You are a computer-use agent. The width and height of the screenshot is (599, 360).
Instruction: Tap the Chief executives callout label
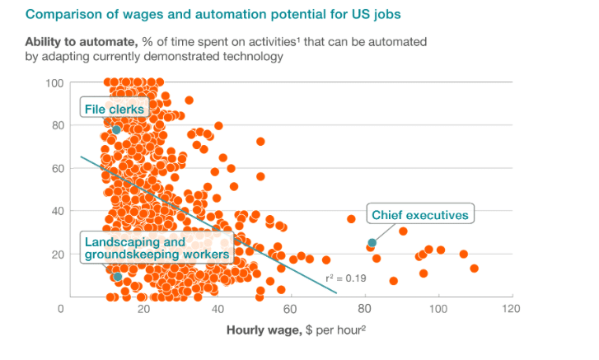[x=420, y=215]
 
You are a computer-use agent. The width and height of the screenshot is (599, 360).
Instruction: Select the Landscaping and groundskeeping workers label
[x=155, y=249]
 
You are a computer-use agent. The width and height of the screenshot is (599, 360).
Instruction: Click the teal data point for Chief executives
[x=372, y=242]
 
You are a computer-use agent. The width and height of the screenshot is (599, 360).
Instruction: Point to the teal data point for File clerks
[x=116, y=130]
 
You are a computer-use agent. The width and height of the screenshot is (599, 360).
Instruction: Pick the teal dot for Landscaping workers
[x=118, y=277]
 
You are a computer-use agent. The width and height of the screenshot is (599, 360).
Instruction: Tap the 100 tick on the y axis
[x=55, y=83]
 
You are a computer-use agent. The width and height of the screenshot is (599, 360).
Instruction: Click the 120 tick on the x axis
[x=512, y=309]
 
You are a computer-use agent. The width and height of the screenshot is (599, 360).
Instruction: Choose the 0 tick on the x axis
[x=61, y=309]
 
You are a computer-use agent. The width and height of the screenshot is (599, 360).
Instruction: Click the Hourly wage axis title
[x=296, y=332]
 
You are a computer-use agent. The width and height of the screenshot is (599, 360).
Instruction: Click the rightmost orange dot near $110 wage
[x=474, y=269]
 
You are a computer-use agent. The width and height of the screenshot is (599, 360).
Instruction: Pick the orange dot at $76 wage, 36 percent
[x=351, y=219]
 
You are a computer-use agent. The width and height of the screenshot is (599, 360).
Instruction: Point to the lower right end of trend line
[x=337, y=292]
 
